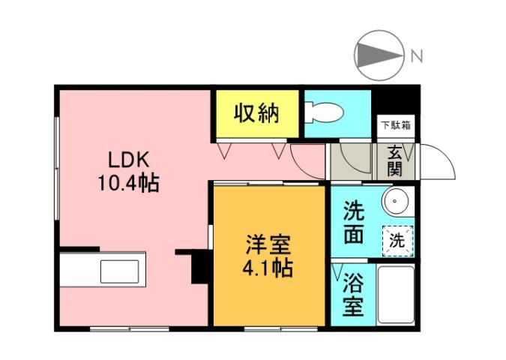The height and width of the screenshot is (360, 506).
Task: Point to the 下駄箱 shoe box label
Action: coord(394,125)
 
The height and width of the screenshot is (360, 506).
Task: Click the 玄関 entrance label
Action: coord(394,160)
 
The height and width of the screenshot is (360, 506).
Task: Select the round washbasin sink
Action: coord(395,202)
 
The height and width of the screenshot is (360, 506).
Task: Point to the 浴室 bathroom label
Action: coord(353,295)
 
